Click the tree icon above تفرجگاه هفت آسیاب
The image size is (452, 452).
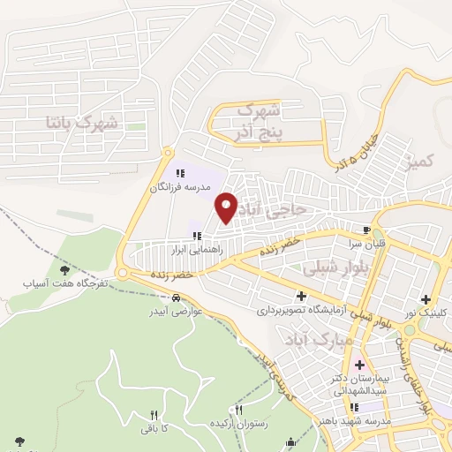coord(63,269)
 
